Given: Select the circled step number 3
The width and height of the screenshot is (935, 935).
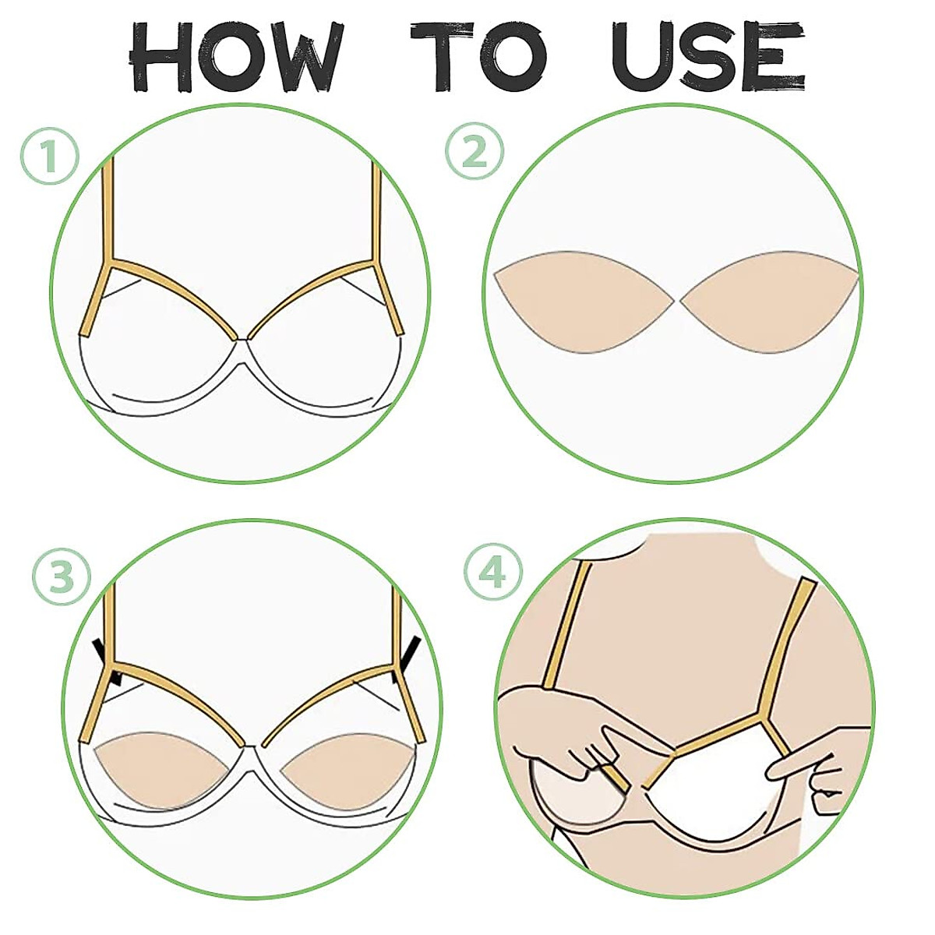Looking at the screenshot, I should click(x=62, y=576).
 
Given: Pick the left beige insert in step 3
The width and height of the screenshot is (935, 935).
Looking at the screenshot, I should click(x=164, y=767).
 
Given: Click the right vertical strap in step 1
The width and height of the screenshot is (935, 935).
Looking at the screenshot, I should click(x=377, y=210).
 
